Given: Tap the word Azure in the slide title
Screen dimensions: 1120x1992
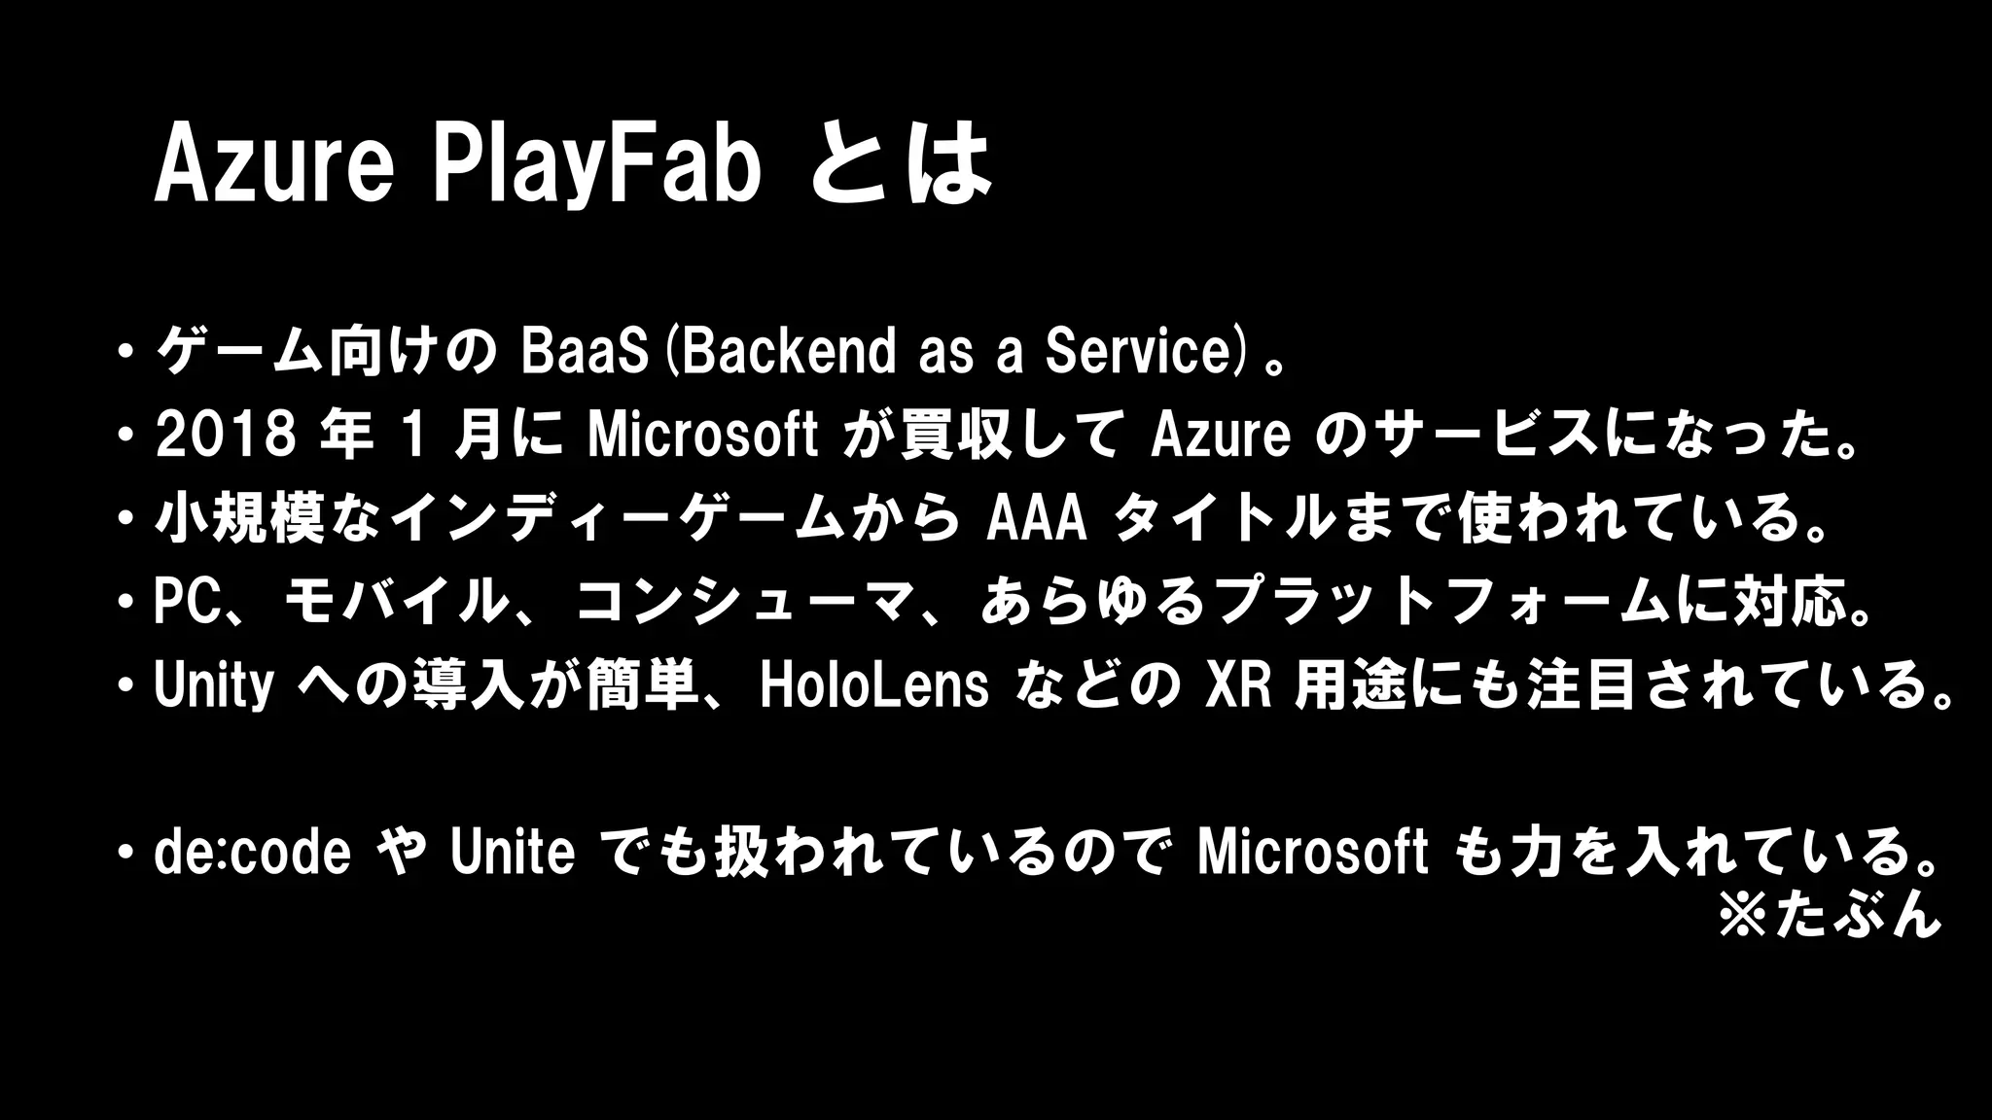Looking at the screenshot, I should (x=274, y=165).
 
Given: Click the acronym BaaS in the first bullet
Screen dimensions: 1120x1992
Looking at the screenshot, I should (x=584, y=352).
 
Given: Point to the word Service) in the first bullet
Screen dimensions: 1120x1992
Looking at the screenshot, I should (x=1145, y=352).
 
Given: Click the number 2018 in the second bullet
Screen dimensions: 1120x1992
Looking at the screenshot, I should (x=226, y=436).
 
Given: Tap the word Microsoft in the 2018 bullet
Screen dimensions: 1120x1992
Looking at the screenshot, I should (x=702, y=436).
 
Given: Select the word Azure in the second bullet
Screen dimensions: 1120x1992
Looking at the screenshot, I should (x=1221, y=436).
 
